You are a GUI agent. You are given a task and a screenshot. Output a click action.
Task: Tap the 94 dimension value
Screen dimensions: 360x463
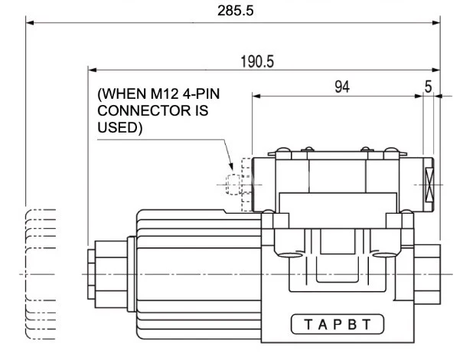point(342,87)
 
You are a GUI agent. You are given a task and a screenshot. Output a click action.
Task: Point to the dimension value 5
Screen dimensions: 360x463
point(428,87)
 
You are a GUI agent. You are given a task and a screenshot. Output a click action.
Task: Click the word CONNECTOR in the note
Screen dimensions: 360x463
point(143,113)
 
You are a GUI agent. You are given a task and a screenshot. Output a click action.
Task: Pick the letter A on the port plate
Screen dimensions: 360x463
point(321,323)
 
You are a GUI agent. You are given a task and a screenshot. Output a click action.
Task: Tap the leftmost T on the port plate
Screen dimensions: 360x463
point(305,323)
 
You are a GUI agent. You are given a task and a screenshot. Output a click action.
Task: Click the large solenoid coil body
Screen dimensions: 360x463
point(199,272)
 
